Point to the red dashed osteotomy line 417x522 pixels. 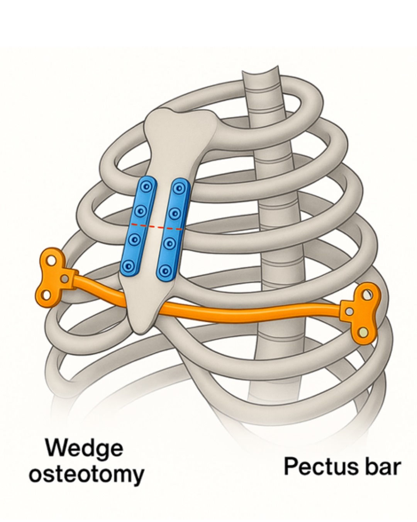coord(156,227)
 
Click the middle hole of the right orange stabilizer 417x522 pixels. coord(349,311)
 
